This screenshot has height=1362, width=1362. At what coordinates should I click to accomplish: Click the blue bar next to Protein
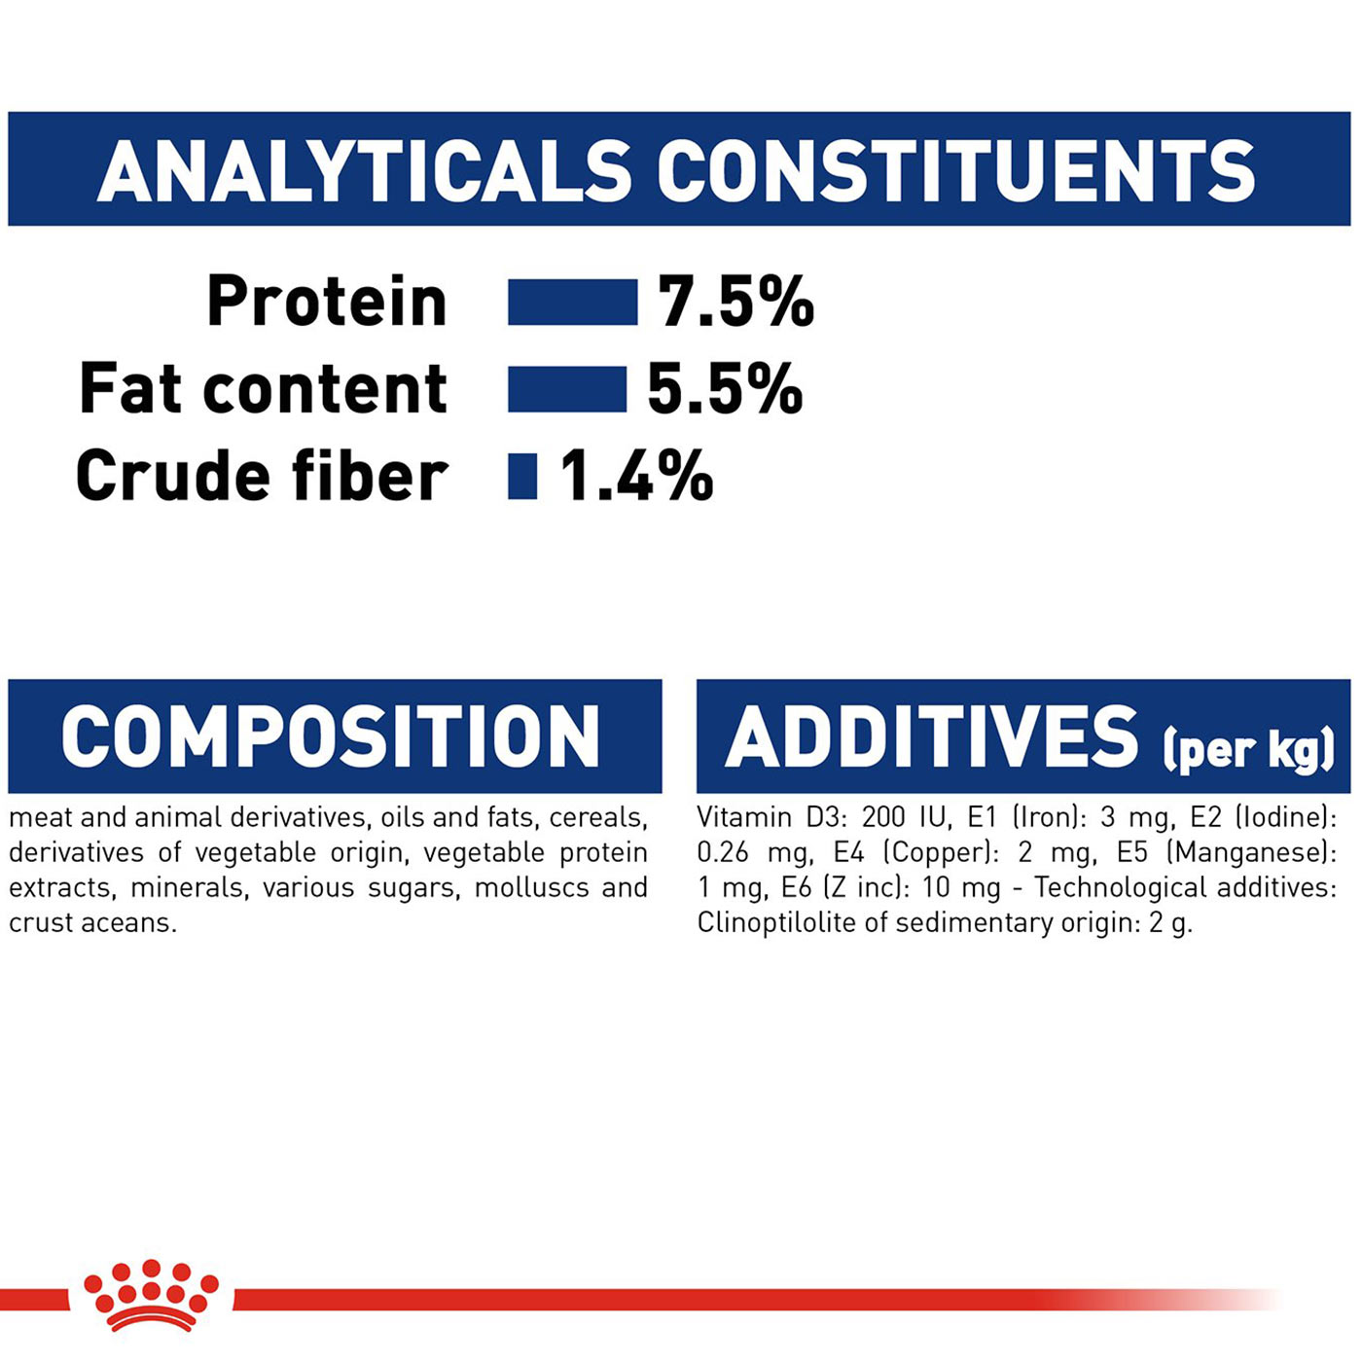click(x=572, y=302)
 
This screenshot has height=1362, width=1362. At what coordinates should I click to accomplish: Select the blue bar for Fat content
click(x=567, y=389)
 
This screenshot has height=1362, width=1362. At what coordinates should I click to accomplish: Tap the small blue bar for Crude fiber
click(x=522, y=477)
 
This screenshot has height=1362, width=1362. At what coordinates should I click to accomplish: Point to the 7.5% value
click(x=735, y=302)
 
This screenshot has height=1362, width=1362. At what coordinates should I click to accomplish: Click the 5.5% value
click(x=725, y=389)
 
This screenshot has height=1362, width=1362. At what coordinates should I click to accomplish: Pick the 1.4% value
click(x=636, y=477)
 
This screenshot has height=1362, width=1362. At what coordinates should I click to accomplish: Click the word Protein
click(x=327, y=302)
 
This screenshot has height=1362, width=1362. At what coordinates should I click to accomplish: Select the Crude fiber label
click(x=263, y=477)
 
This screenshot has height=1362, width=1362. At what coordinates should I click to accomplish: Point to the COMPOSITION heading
click(x=331, y=736)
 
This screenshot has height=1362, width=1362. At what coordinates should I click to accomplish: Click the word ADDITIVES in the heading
click(x=932, y=736)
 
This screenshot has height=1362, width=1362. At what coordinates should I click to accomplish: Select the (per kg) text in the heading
click(x=1248, y=749)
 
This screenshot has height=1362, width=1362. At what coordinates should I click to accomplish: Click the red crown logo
click(x=151, y=1296)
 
